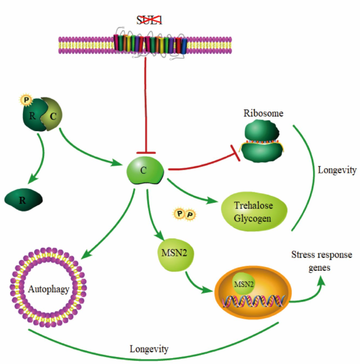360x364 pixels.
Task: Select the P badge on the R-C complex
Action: pyautogui.click(x=26, y=99)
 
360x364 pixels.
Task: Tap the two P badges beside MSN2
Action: pyautogui.click(x=184, y=214)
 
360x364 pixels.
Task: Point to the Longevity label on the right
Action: pyautogui.click(x=337, y=170)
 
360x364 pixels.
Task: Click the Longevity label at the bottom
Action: pyautogui.click(x=149, y=349)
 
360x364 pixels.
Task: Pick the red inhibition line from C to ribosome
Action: pyautogui.click(x=203, y=162)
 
